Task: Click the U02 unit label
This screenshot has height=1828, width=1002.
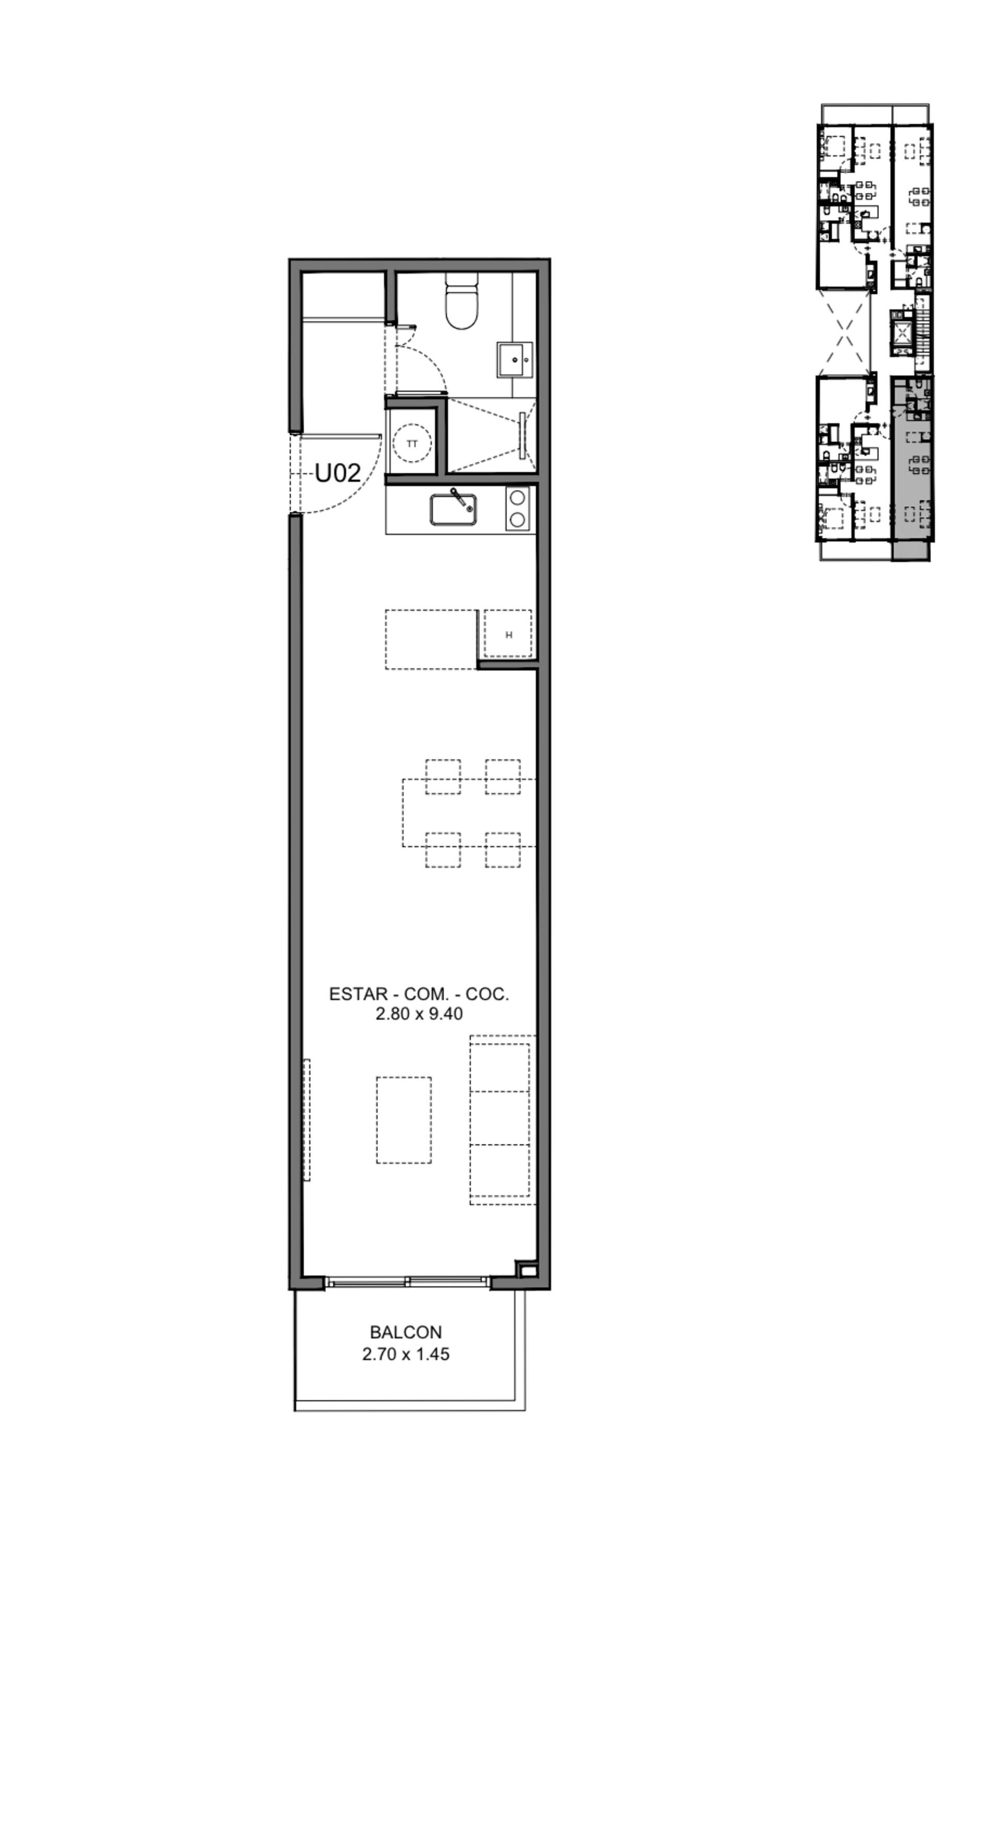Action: click(x=337, y=473)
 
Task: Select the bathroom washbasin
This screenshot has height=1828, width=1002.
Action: click(x=515, y=360)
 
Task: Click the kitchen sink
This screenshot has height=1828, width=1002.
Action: click(x=453, y=509)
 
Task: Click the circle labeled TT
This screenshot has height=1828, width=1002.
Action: click(x=412, y=444)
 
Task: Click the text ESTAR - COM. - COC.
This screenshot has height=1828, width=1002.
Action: click(x=419, y=994)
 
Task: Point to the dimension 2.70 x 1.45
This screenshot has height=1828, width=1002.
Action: click(x=406, y=1354)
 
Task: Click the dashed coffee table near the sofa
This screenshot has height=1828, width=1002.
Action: click(x=404, y=1120)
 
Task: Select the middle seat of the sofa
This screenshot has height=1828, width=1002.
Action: click(x=499, y=1118)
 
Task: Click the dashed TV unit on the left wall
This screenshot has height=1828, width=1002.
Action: click(x=306, y=1120)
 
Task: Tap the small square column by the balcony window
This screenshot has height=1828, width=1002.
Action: click(x=527, y=1270)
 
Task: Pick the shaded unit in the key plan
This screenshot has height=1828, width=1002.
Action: click(x=911, y=469)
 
